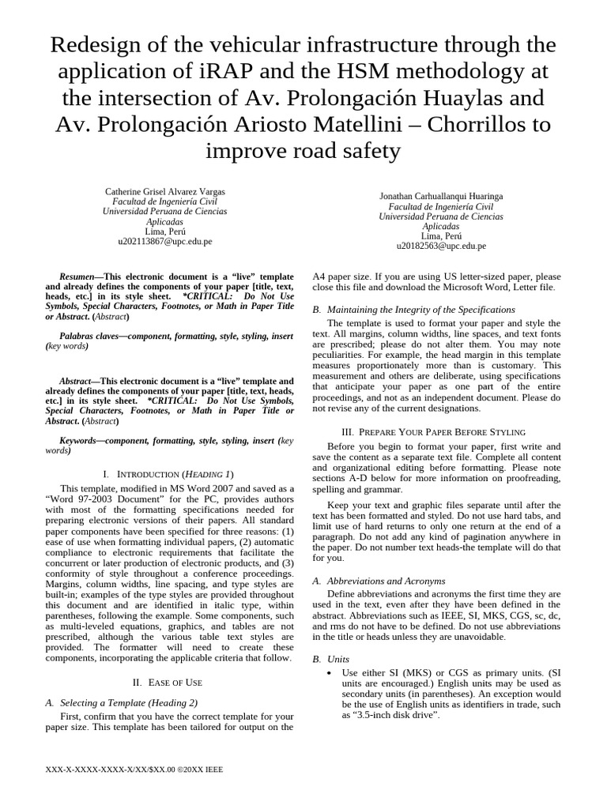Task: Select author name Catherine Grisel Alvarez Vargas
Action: coord(164,192)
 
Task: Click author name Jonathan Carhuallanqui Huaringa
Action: coord(440,196)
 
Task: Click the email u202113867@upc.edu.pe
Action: coord(164,242)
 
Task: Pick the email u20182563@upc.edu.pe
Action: coord(440,246)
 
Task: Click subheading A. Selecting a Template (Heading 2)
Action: coord(128,702)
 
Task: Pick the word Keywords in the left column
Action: coord(81,440)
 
